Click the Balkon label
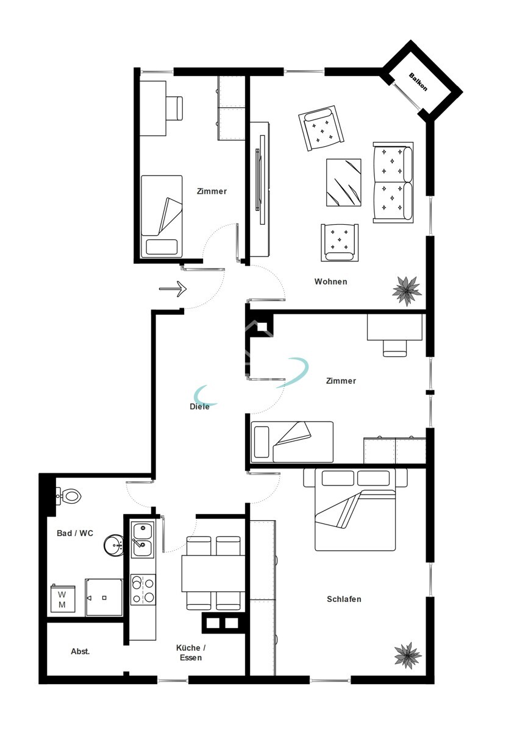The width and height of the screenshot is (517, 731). tap(418, 82)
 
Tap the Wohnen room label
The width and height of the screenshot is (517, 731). tap(330, 281)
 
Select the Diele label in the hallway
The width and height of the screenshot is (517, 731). tap(199, 407)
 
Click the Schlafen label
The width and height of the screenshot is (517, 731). tap(344, 599)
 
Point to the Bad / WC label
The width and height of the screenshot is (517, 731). tap(75, 533)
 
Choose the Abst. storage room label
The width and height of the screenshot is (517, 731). tap(80, 651)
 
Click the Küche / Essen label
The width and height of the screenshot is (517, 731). tap(191, 652)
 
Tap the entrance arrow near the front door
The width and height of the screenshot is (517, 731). tap(173, 289)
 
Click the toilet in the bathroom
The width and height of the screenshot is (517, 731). tap(69, 496)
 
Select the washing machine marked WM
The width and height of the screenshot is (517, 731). tap(63, 599)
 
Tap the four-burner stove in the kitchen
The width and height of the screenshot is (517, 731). tap(143, 590)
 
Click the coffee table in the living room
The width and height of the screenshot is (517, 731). tap(344, 183)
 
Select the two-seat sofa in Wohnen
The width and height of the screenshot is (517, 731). tap(393, 183)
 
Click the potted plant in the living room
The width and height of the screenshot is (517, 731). tap(407, 291)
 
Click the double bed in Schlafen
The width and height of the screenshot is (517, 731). tap(355, 509)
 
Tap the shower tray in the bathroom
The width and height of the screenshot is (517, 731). tap(104, 598)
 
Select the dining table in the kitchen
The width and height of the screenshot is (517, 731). tap(213, 574)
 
